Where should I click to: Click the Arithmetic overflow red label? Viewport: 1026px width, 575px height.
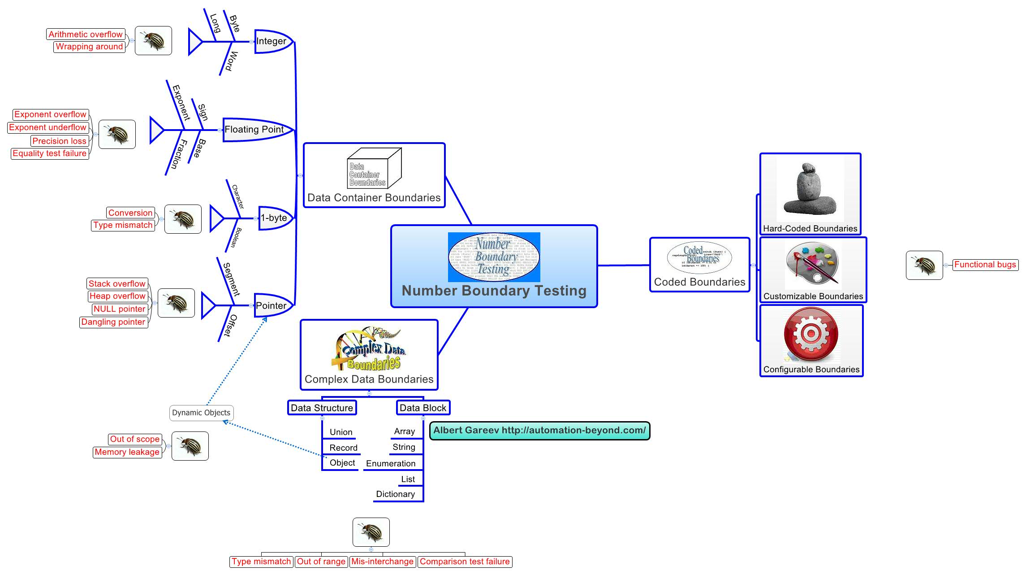85,35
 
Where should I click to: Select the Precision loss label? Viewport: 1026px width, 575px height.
59,141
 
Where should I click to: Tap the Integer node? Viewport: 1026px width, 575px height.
272,41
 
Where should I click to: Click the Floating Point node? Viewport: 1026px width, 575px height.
254,130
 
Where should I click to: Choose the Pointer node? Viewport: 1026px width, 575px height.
271,305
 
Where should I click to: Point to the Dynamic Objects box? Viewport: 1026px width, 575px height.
201,413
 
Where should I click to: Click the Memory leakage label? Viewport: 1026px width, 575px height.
127,452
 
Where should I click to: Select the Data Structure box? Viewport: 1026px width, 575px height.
322,408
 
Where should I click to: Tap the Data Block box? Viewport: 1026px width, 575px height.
422,408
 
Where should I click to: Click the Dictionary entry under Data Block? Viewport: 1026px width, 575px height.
395,494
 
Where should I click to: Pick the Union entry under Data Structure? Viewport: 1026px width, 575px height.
341,432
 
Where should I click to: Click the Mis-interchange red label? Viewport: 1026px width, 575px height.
382,562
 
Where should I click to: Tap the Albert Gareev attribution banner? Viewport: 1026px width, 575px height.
539,431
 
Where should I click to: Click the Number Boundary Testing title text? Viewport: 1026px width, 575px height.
494,291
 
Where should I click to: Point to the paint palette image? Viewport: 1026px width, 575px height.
812,265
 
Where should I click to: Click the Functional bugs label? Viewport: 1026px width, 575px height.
985,265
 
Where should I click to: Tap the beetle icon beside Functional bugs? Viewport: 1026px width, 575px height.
924,265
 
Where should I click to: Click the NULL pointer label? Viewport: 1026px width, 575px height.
119,309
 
